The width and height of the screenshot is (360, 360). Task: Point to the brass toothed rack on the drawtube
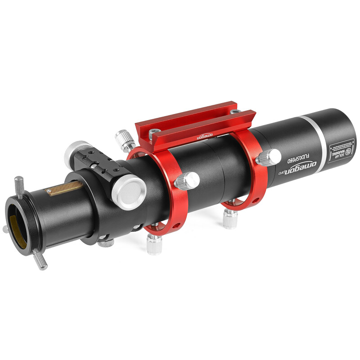click(66, 188)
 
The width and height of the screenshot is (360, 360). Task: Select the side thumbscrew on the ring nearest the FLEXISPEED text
click(268, 157)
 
